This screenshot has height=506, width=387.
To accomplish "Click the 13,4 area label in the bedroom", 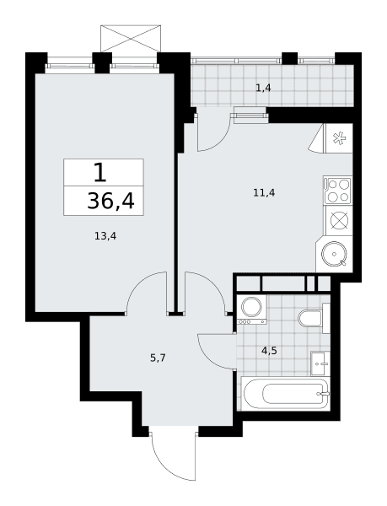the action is coord(105,236).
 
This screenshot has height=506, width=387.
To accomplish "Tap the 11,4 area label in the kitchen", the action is coord(264,193).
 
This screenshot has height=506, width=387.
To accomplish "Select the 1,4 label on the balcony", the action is coord(263,88).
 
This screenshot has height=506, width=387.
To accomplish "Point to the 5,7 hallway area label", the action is coord(158,358).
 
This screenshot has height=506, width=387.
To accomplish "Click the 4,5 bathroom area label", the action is coord(269,351).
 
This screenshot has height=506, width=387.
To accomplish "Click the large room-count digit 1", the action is coord(100,172).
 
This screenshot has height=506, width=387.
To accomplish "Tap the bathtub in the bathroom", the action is coord(286,394).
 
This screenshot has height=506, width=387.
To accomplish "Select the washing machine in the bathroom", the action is coord(251,310).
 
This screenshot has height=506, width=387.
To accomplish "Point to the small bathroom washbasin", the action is coord(320,364).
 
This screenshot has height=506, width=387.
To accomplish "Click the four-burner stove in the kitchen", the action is coord(337,191).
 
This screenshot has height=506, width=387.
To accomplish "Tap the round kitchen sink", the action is coord(334,255).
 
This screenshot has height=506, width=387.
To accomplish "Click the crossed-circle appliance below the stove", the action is coord(339,221).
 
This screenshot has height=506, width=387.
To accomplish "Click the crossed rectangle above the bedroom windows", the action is coord(131,38).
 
